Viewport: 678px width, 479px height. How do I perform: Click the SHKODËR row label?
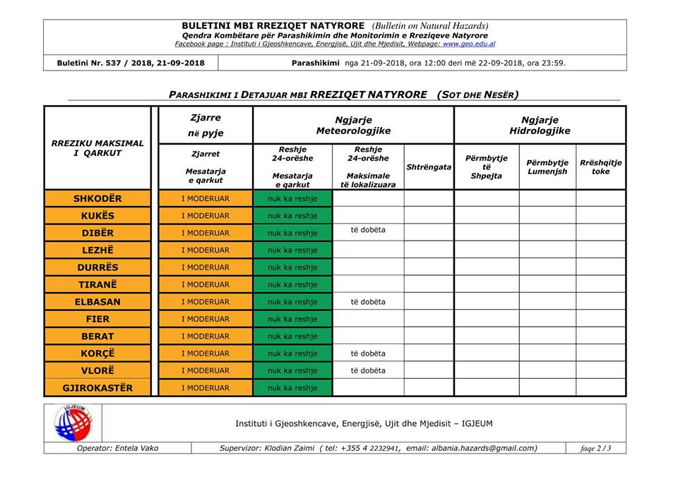97,198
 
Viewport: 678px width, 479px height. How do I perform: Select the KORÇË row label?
97,353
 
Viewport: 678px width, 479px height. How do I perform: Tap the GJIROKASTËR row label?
97,387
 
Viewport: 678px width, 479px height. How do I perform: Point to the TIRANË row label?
97,284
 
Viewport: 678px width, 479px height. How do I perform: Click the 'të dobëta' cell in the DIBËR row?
368,230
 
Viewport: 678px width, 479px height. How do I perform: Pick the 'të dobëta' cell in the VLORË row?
368,370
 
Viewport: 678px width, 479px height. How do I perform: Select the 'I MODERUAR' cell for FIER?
206,319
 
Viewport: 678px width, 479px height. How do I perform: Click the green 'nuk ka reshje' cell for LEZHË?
292,250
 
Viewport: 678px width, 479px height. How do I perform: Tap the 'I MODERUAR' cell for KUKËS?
206,216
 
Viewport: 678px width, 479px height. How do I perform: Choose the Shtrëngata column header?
429,167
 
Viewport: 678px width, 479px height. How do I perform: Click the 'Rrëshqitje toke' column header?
600,167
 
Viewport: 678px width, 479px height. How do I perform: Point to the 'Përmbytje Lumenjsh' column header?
547,167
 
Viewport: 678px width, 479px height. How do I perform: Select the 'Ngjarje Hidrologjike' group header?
540,126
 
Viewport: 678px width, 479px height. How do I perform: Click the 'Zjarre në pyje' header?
206,126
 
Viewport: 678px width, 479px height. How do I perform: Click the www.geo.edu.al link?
469,44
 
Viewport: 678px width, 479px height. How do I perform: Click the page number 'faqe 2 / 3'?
595,448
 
